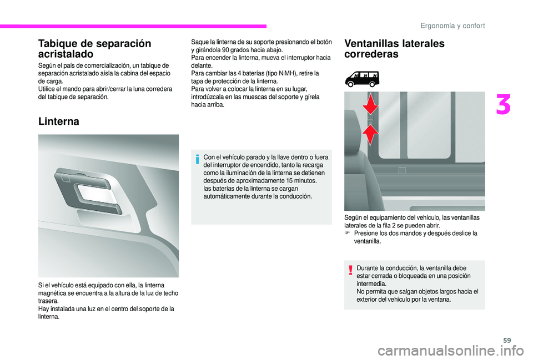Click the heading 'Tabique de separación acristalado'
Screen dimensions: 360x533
click(94, 48)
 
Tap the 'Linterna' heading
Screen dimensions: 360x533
click(59, 121)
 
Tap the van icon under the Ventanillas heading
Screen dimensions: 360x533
click(362, 78)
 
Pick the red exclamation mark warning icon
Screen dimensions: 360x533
click(351, 270)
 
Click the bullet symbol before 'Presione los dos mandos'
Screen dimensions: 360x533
click(347, 234)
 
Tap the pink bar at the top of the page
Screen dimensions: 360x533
click(133, 26)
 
